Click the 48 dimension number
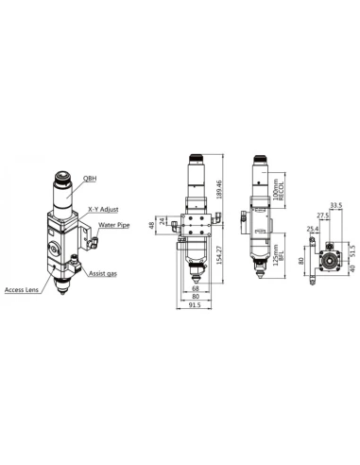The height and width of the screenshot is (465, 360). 154,225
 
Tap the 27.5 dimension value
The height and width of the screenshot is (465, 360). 324,215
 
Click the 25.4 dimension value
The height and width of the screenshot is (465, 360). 314,229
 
